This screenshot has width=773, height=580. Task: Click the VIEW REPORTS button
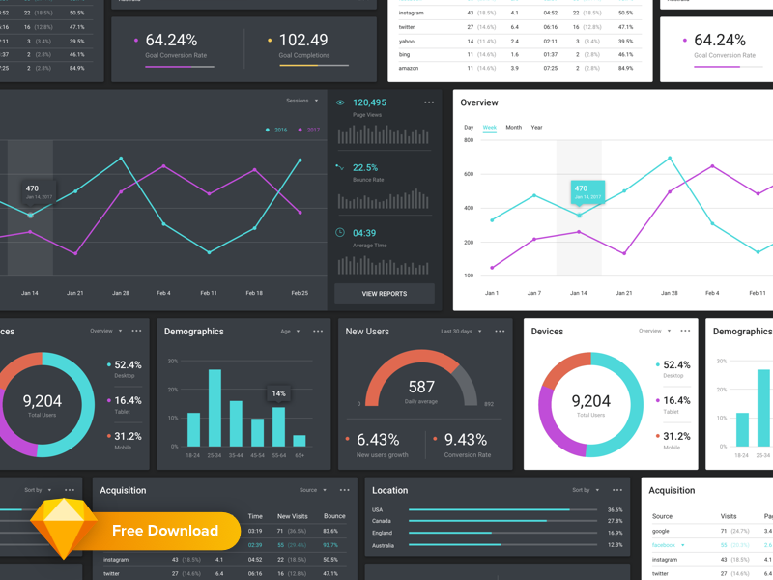pos(385,293)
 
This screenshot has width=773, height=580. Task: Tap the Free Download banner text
pos(165,531)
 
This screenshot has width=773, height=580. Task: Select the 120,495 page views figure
pos(369,102)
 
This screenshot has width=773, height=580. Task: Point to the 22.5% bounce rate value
pos(365,167)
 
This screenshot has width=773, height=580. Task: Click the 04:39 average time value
pos(364,233)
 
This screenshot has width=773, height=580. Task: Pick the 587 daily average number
pos(421,387)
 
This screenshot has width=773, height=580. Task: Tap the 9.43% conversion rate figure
pos(466,440)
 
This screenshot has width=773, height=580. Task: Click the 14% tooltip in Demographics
pos(278,393)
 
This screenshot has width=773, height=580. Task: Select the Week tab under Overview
pos(490,128)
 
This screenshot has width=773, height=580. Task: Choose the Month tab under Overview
pos(513,128)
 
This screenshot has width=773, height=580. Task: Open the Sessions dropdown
pos(301,101)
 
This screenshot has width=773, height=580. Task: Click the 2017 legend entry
pos(309,130)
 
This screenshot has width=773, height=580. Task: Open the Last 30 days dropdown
pos(460,332)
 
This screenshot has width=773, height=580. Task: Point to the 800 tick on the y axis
pos(469,140)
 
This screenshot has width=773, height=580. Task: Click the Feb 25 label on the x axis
pos(300,293)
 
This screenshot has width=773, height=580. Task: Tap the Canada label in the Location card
pos(382,521)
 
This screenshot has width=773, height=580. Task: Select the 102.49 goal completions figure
pos(302,40)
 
